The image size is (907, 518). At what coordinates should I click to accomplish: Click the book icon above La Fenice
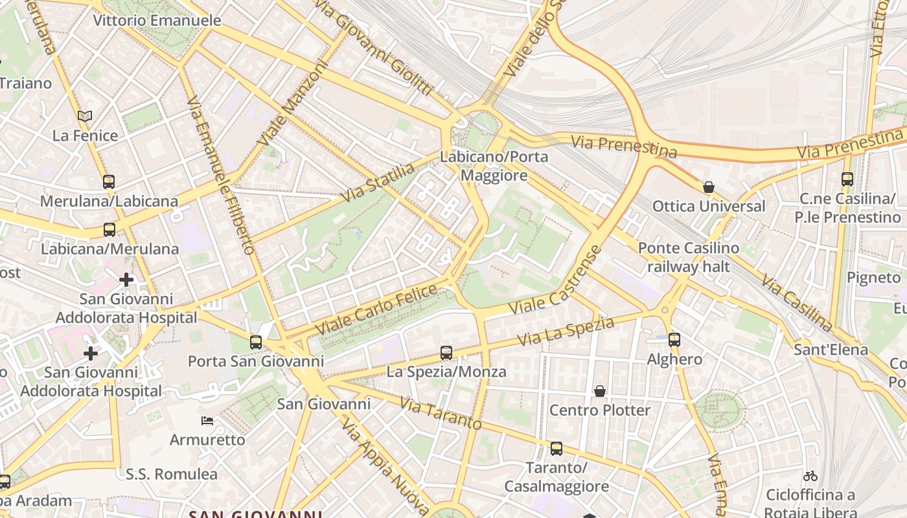[x=85, y=117]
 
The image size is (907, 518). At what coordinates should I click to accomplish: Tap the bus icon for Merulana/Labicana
[x=109, y=182]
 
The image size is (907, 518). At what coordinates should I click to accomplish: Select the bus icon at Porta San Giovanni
[x=256, y=342]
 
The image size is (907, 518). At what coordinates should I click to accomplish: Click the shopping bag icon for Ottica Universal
[x=709, y=187]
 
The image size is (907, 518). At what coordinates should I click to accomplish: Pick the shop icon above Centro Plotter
[x=600, y=391]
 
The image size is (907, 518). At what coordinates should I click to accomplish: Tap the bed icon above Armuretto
[x=207, y=421]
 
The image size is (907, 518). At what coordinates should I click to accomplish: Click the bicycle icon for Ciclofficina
[x=810, y=476]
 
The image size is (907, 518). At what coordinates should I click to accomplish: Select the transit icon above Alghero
[x=674, y=339]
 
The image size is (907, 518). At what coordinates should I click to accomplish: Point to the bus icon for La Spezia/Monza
[x=446, y=353]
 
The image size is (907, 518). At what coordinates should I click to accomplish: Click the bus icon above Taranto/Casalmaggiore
[x=556, y=448]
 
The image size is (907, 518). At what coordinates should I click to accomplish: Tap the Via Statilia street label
[x=378, y=183]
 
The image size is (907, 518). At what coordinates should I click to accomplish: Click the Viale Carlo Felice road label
[x=376, y=310]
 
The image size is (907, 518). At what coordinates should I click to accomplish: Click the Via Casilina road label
[x=796, y=303]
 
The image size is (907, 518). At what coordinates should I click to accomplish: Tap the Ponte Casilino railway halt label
[x=688, y=257]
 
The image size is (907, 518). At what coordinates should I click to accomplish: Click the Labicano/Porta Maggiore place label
[x=494, y=166]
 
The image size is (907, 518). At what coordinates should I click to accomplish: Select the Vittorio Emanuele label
[x=157, y=20]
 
